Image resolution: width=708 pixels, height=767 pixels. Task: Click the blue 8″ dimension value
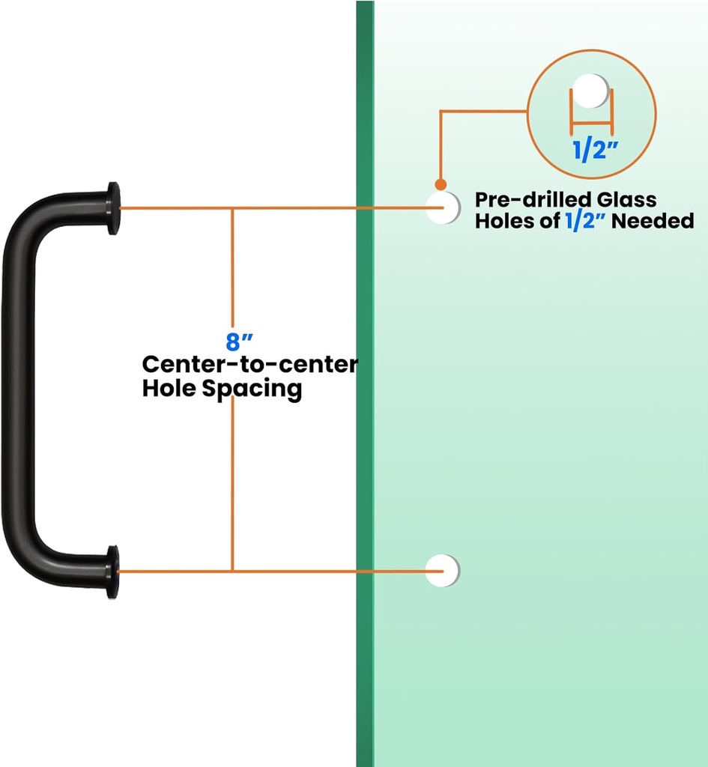(235, 342)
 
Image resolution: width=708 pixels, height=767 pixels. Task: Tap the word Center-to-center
(250, 365)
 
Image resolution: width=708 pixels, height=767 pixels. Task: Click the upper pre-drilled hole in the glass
(443, 207)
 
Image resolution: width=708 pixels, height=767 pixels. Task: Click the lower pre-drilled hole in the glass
(442, 571)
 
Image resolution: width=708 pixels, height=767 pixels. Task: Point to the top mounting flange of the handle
(113, 207)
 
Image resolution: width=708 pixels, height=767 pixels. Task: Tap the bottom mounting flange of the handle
(112, 572)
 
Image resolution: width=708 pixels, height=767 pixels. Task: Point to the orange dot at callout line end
(441, 184)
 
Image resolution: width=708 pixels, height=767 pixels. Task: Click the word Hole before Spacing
(170, 389)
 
